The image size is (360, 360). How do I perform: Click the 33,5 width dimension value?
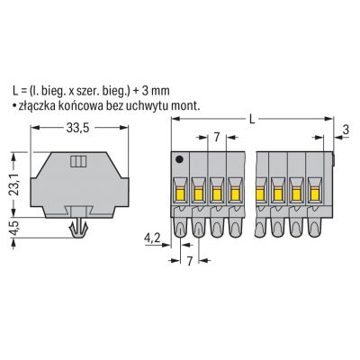(x=77, y=128)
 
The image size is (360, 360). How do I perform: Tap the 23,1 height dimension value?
(x=13, y=184)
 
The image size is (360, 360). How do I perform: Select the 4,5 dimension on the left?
(x=14, y=228)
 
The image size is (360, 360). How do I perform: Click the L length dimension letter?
(x=253, y=120)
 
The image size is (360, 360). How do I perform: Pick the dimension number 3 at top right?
(x=346, y=130)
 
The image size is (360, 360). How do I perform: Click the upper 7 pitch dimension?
(x=217, y=138)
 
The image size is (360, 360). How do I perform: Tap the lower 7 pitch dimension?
(x=189, y=261)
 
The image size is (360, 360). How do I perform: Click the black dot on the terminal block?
(x=179, y=159)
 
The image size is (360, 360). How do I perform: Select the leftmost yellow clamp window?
(x=180, y=193)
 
